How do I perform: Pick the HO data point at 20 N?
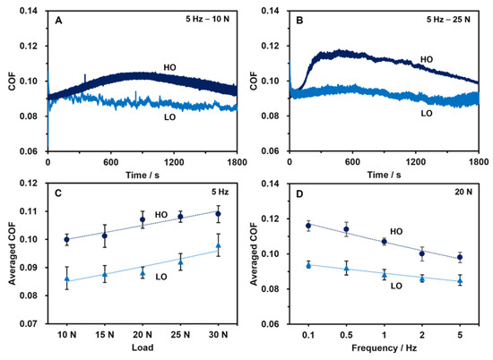142,219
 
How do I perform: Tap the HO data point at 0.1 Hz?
308,226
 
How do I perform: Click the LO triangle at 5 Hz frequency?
460,280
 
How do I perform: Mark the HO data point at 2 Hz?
422,253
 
